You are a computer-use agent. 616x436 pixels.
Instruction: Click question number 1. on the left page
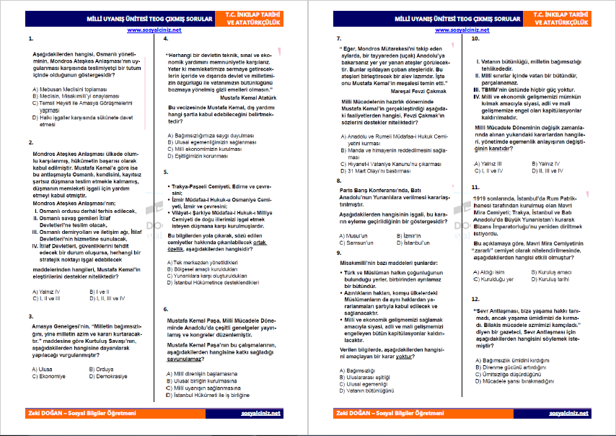tap(28, 40)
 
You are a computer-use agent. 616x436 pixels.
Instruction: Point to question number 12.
tap(475, 298)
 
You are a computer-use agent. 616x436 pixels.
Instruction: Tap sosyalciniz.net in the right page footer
tap(569, 413)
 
